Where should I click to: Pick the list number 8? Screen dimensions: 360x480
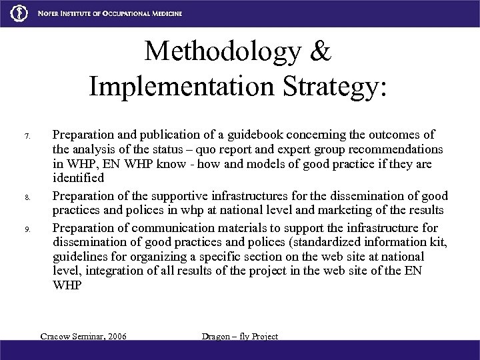coord(27,198)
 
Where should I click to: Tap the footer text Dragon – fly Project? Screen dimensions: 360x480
coord(239,336)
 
